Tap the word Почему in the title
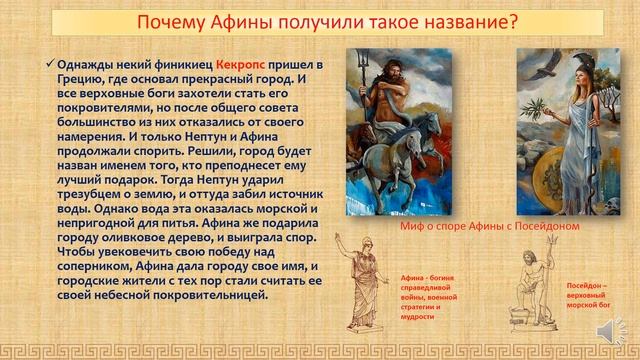pos(171,21)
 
